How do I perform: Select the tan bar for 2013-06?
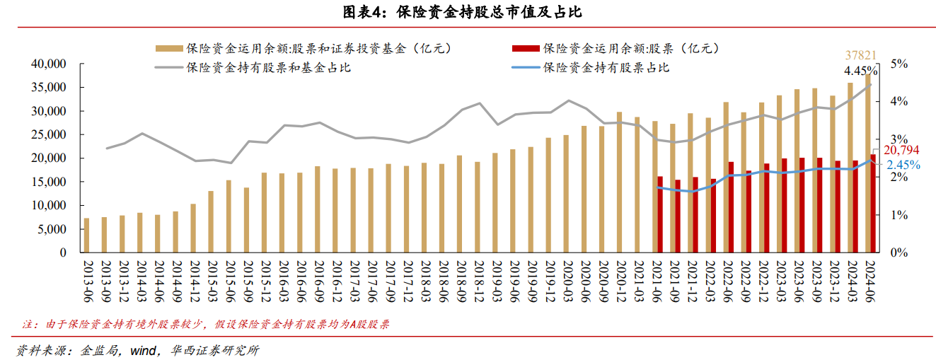pos(87,235)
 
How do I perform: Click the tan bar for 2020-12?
pos(619,182)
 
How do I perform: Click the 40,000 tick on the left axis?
pos(49,64)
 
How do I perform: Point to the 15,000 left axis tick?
pos(49,182)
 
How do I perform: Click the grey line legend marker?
pos(168,68)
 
